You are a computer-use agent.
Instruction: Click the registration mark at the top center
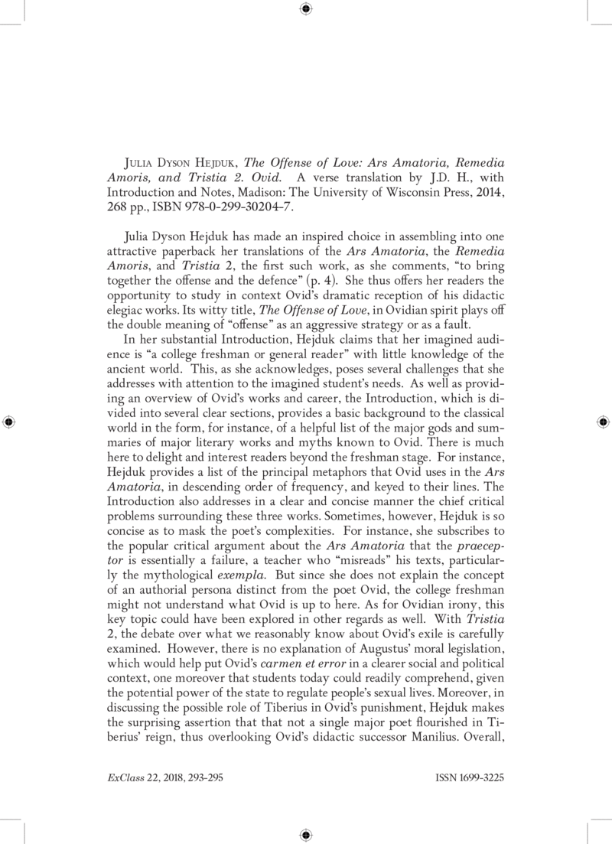click(306, 9)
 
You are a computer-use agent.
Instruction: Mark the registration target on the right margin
click(602, 422)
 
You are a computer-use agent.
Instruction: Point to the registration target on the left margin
click(9, 422)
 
